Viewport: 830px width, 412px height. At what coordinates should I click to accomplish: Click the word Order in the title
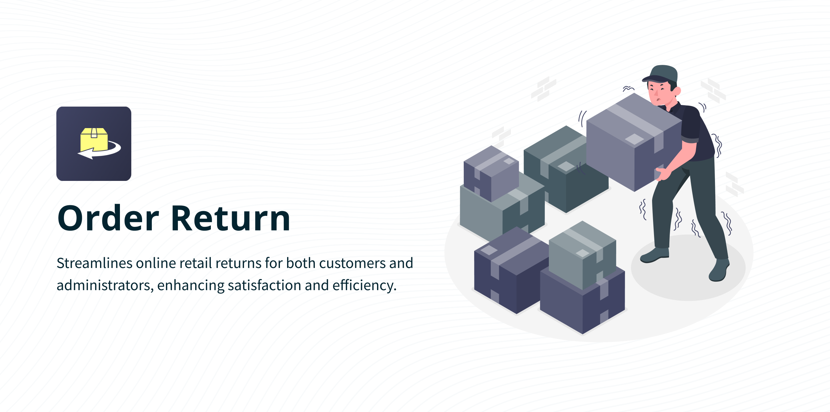click(108, 218)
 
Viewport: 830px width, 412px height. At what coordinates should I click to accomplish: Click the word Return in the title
click(230, 218)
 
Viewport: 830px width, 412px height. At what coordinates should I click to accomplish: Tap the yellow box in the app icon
click(94, 139)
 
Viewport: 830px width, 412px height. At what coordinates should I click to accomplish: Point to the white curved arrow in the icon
click(101, 151)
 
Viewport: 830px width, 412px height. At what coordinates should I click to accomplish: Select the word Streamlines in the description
click(94, 263)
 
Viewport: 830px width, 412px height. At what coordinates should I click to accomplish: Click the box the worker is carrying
click(634, 142)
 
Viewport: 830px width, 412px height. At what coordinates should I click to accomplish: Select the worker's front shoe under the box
click(654, 255)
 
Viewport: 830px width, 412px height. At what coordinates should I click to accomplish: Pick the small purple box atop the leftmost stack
click(491, 173)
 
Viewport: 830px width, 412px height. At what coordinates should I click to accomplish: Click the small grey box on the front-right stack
click(582, 255)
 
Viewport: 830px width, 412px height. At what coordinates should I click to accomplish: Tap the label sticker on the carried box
click(634, 139)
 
